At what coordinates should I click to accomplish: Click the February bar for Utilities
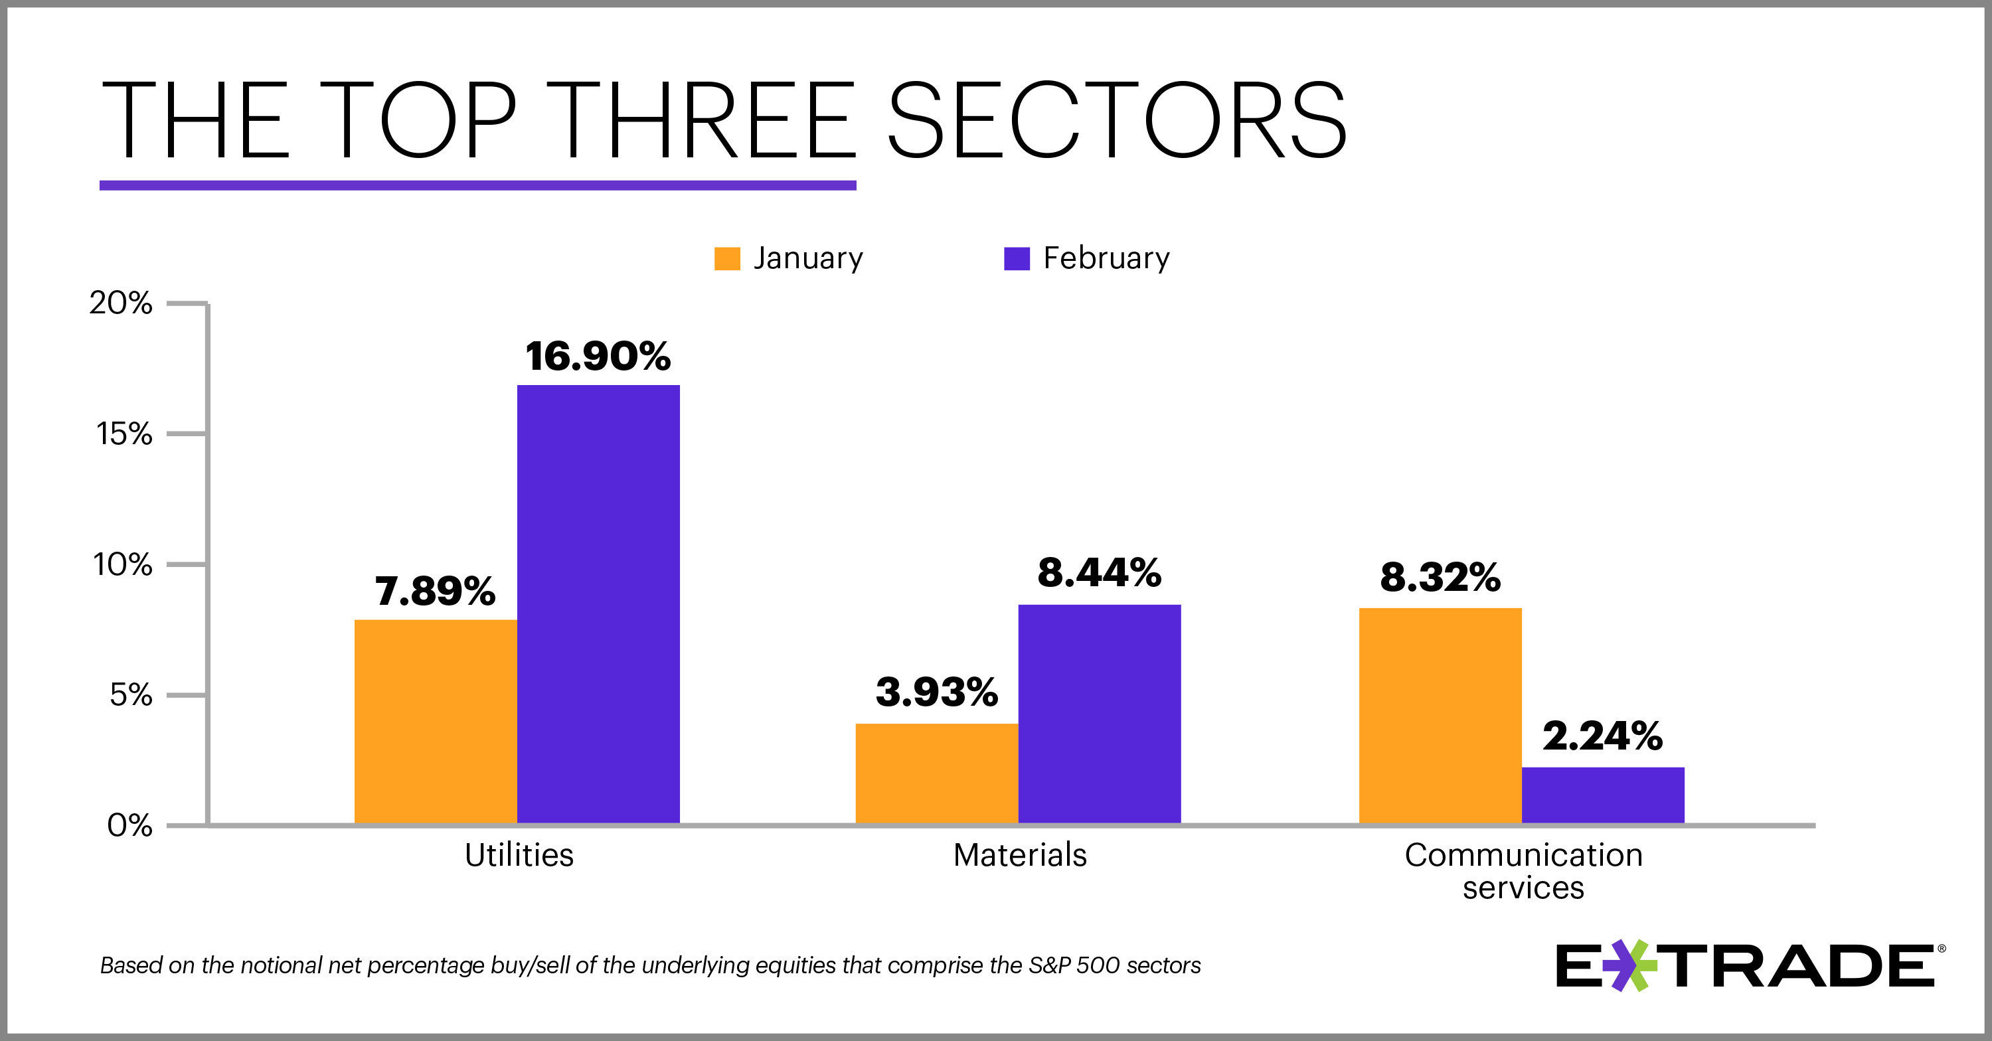[x=598, y=603]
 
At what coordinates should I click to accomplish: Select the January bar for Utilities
[x=436, y=721]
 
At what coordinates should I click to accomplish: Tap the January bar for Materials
[x=936, y=773]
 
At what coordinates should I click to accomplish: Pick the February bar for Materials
[x=1099, y=713]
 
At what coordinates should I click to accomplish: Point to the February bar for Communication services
[x=1602, y=795]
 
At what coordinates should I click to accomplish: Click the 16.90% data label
[x=598, y=357]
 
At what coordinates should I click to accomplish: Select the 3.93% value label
[x=936, y=692]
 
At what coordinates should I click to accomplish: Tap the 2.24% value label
[x=1602, y=736]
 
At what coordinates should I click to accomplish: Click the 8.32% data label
[x=1440, y=578]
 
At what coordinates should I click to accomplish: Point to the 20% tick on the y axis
[x=121, y=303]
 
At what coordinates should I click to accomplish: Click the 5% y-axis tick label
[x=131, y=695]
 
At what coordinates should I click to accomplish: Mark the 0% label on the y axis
[x=129, y=826]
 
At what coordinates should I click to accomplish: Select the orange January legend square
[x=727, y=258]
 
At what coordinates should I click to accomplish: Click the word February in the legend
[x=1106, y=258]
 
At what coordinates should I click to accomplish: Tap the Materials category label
[x=1020, y=855]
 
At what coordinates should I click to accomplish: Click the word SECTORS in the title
[x=1117, y=122]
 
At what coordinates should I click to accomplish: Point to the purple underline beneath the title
[x=477, y=186]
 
